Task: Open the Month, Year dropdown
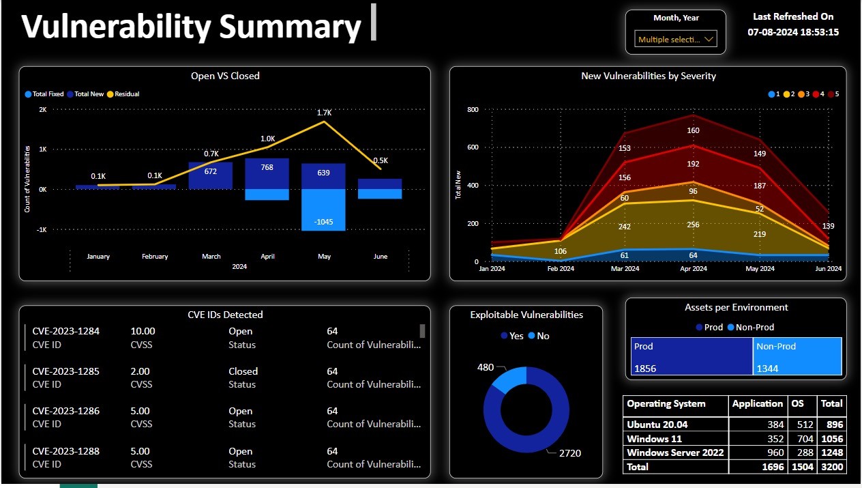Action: pos(675,40)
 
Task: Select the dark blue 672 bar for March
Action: pos(211,175)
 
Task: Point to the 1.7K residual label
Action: pos(324,113)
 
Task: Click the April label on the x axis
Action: pos(267,257)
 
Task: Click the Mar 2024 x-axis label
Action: pos(625,269)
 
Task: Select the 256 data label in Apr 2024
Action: pos(693,225)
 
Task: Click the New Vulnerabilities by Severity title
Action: pos(648,76)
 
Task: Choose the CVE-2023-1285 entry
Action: pos(66,371)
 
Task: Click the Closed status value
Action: pos(243,371)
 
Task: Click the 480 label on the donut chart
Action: pos(485,367)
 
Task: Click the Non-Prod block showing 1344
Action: pos(797,357)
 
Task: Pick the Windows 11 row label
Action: pos(654,439)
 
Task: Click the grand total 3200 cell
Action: pos(832,468)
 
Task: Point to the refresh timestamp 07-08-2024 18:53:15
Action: pos(792,32)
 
